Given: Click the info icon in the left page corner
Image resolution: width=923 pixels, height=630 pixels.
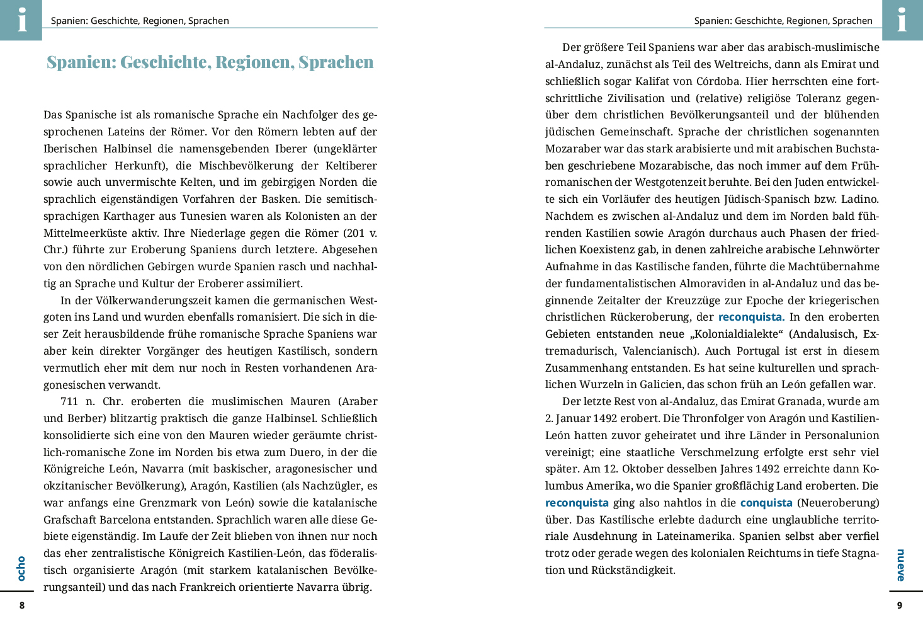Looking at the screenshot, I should click(22, 20).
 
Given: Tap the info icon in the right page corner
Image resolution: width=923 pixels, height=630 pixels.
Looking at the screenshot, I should click(902, 20).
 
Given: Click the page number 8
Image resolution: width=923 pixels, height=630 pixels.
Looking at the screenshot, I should click(22, 605).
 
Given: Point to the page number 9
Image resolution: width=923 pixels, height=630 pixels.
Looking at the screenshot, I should click(899, 605).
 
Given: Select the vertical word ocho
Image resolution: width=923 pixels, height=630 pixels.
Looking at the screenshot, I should click(21, 568).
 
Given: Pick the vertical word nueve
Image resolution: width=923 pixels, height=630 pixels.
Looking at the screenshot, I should click(901, 565).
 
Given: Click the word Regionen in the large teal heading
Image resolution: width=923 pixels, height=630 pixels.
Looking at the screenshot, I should click(252, 62).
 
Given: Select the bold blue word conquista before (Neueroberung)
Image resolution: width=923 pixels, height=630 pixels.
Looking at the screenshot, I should click(766, 503).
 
